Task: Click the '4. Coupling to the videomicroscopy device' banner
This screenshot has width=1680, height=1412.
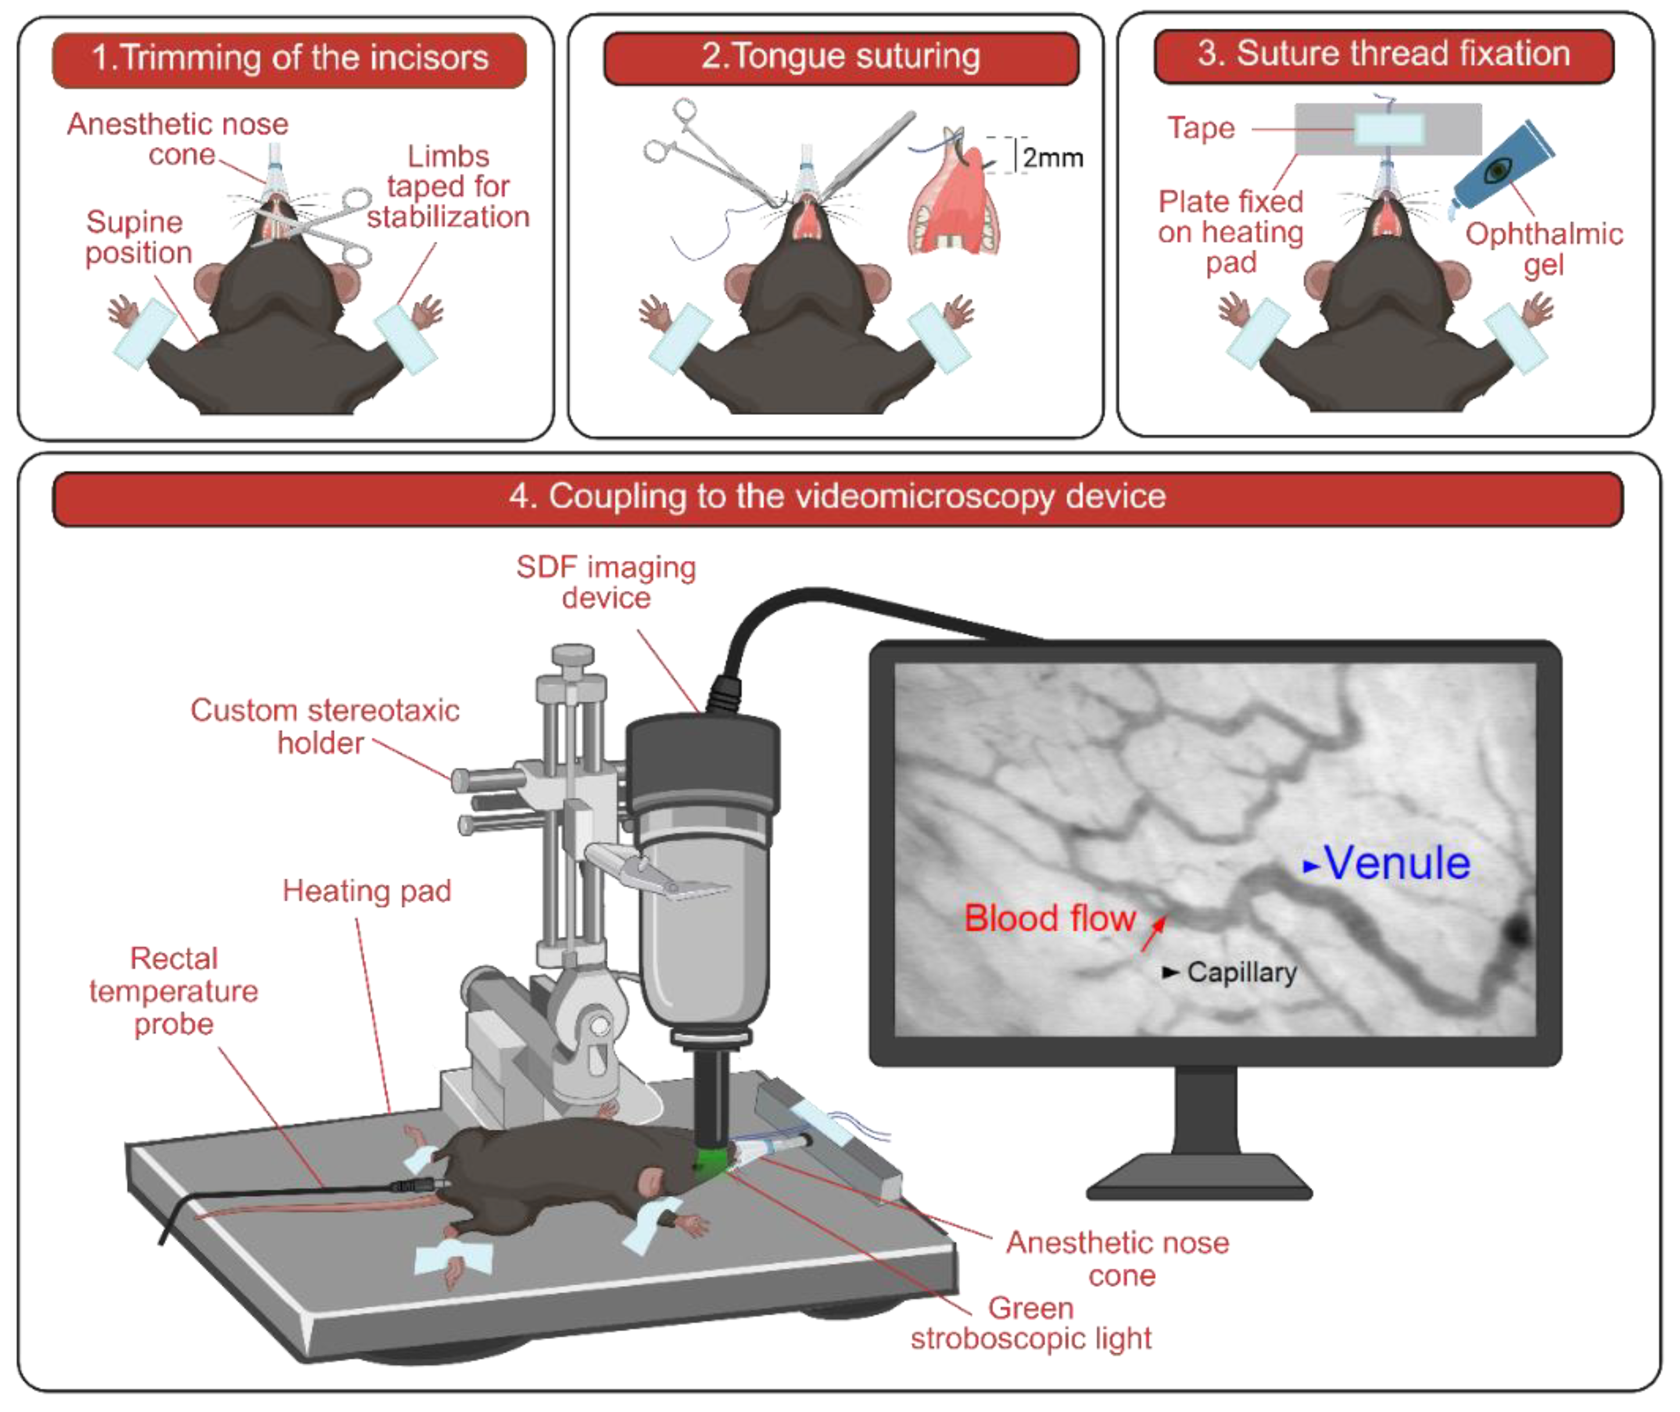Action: pos(837,496)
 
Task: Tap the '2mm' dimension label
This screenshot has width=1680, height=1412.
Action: pos(1052,157)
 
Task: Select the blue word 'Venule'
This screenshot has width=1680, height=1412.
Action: pos(1396,863)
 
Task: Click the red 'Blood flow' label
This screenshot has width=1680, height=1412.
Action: pos(1049,918)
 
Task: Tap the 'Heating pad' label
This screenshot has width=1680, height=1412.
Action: pos(367,891)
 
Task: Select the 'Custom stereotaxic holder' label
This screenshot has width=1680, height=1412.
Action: pos(324,726)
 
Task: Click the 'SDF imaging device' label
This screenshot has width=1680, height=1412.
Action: pos(606,582)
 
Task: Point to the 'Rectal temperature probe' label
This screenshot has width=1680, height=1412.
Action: pos(174,991)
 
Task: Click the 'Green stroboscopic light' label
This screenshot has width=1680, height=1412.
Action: pos(1031,1323)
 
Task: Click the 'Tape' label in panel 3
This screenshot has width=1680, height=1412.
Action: pos(1201,128)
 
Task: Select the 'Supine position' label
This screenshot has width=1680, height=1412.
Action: pos(138,237)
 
